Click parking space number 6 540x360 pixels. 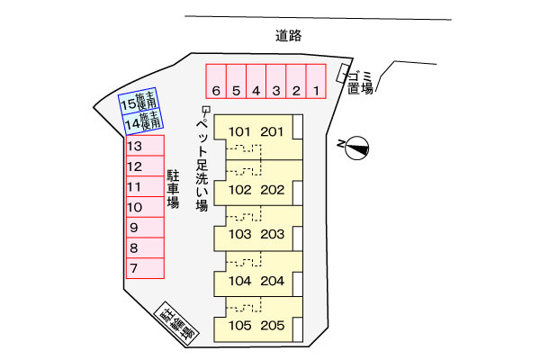(x=216, y=81)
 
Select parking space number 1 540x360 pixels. (x=316, y=81)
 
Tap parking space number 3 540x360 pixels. (x=276, y=81)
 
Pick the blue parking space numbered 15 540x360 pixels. (x=139, y=101)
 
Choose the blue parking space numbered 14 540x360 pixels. (x=143, y=121)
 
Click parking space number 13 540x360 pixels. (x=145, y=146)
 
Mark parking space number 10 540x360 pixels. (x=145, y=207)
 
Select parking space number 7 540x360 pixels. (x=145, y=268)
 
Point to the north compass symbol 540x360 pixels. (x=356, y=148)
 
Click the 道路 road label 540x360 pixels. (x=289, y=35)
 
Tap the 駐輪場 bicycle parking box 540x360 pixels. (x=176, y=324)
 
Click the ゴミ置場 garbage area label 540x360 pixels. (x=360, y=83)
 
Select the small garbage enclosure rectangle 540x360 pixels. (x=343, y=74)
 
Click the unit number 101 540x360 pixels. (x=239, y=131)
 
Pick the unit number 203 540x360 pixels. (x=273, y=234)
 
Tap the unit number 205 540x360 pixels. (x=273, y=326)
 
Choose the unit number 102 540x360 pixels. (x=240, y=190)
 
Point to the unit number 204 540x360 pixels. (x=273, y=281)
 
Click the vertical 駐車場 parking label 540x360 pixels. (x=173, y=189)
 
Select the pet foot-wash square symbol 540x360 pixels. (x=206, y=110)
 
